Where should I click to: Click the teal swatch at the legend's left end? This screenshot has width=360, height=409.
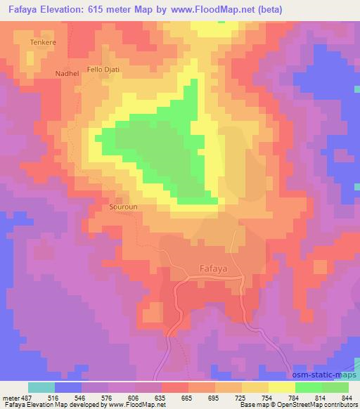pyautogui.click(x=41, y=387)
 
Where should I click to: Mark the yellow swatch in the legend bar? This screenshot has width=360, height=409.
pyautogui.click(x=281, y=387)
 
